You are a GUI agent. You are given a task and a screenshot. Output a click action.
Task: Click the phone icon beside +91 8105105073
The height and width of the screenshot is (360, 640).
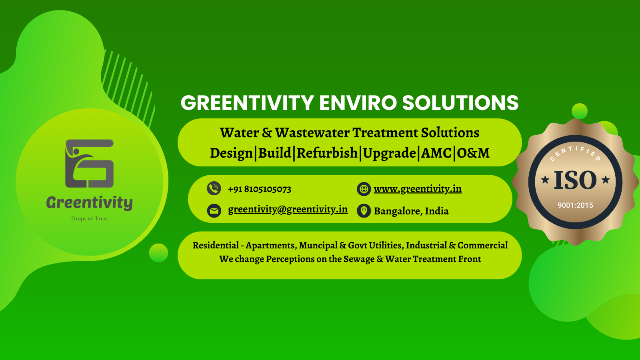click(214, 188)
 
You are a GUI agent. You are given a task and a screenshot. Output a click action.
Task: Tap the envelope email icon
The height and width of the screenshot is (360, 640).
click(214, 211)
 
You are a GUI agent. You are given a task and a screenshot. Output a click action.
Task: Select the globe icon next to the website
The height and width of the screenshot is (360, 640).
click(364, 189)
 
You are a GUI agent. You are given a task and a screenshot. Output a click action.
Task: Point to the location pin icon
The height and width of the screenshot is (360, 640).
click(364, 211)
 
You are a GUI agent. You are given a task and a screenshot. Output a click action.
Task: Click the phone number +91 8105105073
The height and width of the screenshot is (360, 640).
click(260, 189)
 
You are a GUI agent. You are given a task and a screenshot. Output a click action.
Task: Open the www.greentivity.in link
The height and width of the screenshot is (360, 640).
click(418, 189)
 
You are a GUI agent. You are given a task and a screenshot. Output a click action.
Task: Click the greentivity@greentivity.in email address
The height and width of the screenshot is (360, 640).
click(288, 210)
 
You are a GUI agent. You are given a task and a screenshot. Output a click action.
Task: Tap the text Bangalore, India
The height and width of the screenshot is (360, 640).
click(411, 211)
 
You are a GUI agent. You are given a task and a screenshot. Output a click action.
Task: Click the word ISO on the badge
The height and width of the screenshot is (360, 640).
click(575, 180)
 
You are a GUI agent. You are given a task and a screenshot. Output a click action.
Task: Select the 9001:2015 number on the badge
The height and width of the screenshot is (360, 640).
click(575, 205)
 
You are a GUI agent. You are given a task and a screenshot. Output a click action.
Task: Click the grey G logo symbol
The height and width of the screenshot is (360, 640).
click(90, 164)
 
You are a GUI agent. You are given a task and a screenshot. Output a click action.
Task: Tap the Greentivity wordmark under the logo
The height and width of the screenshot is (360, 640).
click(90, 202)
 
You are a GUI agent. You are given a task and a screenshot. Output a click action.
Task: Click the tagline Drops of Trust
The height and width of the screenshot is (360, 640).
click(90, 218)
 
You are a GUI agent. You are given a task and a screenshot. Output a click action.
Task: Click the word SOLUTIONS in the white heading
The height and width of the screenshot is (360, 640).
click(460, 102)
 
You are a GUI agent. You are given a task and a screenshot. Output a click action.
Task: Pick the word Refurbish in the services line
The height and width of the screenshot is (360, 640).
click(327, 153)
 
